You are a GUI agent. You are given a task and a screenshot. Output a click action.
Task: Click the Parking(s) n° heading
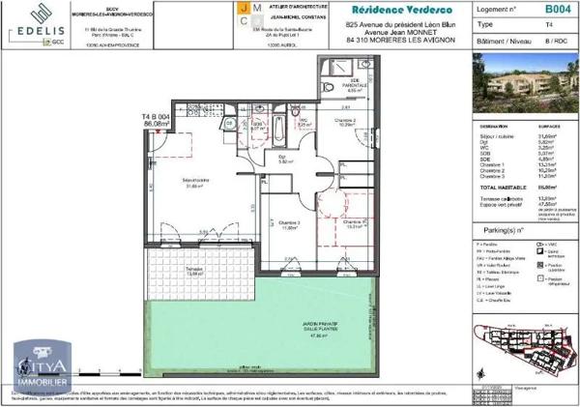(507, 230)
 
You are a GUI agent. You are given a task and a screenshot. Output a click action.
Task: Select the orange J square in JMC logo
(243, 8)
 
